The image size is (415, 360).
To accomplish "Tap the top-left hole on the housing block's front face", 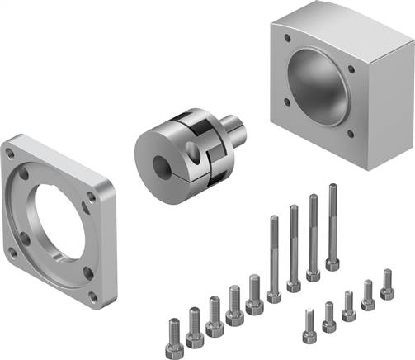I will [x=286, y=37].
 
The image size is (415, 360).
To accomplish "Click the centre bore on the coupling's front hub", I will [x=153, y=154].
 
